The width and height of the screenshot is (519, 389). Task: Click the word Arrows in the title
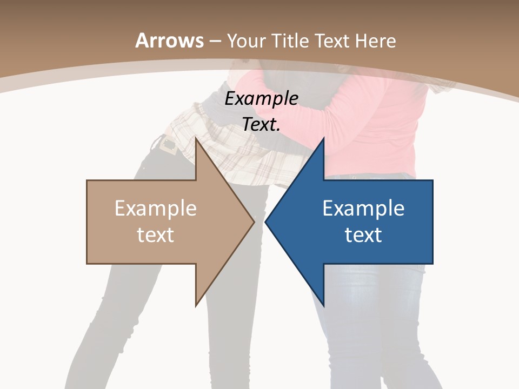[169, 41]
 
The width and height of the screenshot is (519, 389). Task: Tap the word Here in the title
[376, 41]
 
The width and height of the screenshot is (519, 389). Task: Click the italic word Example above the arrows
[261, 99]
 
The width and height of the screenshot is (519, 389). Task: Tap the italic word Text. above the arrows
[261, 125]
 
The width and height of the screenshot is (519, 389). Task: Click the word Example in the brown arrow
[156, 208]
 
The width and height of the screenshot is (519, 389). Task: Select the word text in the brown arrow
[156, 234]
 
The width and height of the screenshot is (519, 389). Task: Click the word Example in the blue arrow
[363, 208]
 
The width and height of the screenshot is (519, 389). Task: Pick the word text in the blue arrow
[363, 234]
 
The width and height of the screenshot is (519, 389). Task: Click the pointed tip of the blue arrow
[267, 222]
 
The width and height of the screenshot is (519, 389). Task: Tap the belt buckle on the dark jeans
[169, 145]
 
